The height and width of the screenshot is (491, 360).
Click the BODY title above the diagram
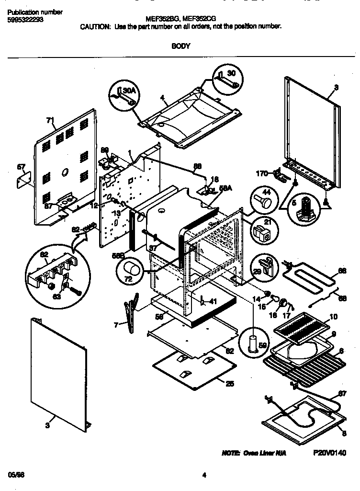pyautogui.click(x=180, y=46)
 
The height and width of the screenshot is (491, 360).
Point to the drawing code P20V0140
pyautogui.click(x=330, y=453)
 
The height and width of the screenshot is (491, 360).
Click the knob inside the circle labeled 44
pyautogui.click(x=263, y=199)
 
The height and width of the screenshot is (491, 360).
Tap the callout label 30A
pyautogui.click(x=129, y=90)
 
